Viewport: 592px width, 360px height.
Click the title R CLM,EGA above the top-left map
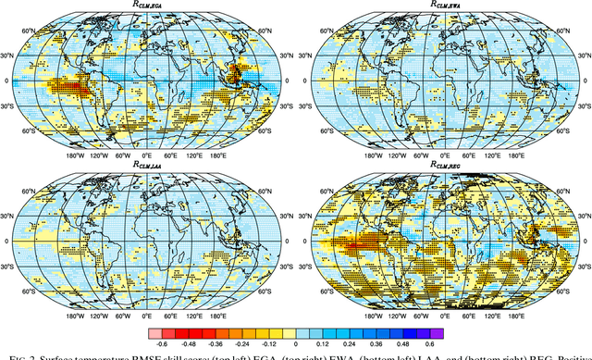point(148,6)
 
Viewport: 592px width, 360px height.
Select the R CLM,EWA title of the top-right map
point(446,6)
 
